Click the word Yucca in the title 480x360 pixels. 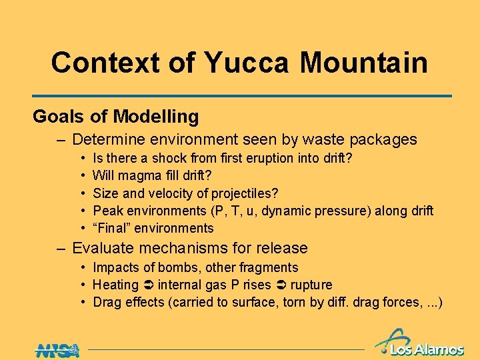247,63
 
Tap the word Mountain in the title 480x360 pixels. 363,63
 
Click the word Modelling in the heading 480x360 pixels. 156,117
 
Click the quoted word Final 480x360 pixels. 111,228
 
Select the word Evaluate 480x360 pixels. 103,249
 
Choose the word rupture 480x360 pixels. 310,285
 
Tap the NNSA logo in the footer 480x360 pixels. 57,350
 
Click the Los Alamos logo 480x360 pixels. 420,343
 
